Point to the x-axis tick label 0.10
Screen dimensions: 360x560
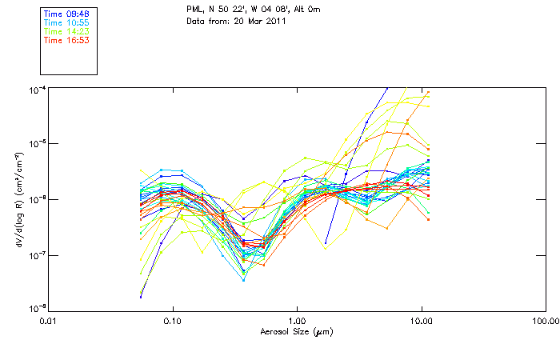173,320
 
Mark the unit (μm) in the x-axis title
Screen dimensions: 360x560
322,331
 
